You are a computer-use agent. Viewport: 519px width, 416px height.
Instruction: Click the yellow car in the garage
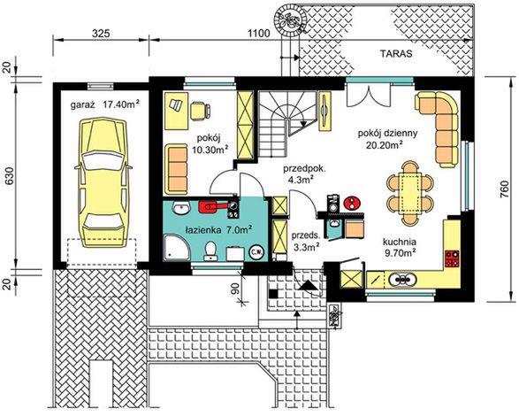point(103,184)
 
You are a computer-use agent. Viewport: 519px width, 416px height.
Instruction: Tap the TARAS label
point(396,54)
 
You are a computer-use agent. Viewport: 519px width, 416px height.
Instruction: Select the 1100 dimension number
point(259,33)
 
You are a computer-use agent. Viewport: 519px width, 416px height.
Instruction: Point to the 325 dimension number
point(101,33)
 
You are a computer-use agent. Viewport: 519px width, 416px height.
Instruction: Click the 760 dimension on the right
point(507,190)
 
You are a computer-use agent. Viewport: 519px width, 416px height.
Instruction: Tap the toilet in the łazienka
point(210,250)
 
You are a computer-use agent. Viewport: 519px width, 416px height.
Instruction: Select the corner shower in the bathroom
point(177,248)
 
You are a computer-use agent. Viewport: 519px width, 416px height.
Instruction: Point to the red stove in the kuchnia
point(452,258)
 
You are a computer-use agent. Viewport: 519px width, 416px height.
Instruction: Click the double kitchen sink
point(402,280)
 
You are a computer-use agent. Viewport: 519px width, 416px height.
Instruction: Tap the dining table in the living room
point(410,193)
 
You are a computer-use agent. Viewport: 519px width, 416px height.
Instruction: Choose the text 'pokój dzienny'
point(387,134)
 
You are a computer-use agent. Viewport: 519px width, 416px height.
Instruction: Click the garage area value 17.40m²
point(120,104)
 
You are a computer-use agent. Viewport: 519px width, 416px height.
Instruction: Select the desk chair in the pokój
point(200,110)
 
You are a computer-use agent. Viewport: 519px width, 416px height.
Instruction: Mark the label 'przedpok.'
point(304,169)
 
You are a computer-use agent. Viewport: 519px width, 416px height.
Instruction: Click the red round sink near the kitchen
point(353,203)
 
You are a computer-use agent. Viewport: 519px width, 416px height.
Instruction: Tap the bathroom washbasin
point(181,207)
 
